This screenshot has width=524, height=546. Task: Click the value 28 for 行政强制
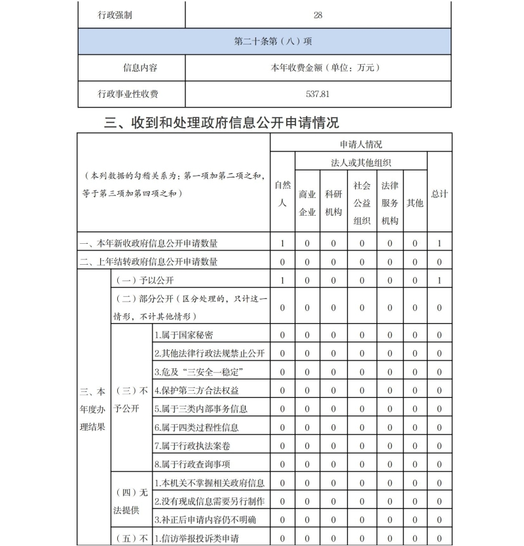pyautogui.click(x=318, y=15)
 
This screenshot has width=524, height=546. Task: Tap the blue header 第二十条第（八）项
pyautogui.click(x=264, y=41)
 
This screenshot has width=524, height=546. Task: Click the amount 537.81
pyautogui.click(x=318, y=94)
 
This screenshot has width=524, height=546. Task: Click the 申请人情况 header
pyautogui.click(x=361, y=144)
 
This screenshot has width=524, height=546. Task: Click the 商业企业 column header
pyautogui.click(x=307, y=203)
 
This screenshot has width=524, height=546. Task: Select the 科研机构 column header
pyautogui.click(x=333, y=203)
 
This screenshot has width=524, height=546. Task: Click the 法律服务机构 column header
pyautogui.click(x=389, y=203)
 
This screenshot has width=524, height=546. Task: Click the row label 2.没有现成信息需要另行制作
pyautogui.click(x=210, y=501)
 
